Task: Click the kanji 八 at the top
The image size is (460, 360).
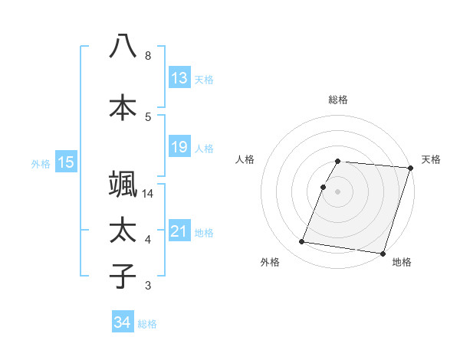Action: tap(123, 47)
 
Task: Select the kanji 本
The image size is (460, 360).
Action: tap(123, 108)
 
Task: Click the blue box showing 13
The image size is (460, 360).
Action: tap(179, 78)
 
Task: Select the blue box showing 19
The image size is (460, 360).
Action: tap(179, 146)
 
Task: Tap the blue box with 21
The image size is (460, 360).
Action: tap(179, 231)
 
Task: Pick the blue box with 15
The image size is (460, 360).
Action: tap(66, 162)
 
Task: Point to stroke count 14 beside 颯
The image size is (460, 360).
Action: tap(148, 194)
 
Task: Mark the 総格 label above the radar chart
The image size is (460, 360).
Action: tap(338, 100)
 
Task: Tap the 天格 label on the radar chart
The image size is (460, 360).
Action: tap(431, 159)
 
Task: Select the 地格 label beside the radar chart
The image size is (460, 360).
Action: tap(402, 262)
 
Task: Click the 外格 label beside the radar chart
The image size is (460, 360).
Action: tap(270, 262)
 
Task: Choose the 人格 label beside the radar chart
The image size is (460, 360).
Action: tap(245, 159)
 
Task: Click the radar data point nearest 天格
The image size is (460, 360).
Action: tap(411, 168)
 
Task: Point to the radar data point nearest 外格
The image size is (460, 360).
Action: tap(302, 242)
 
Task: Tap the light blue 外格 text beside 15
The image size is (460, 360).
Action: tap(40, 162)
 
